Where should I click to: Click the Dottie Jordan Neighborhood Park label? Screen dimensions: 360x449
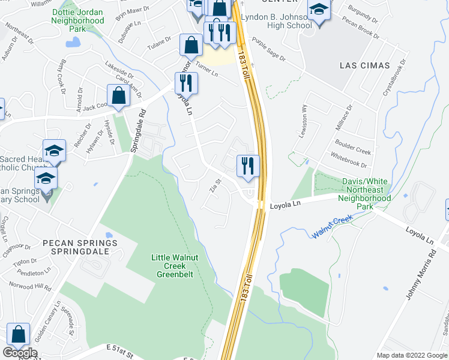coord(78,20)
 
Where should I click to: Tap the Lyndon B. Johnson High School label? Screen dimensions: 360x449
coord(277,21)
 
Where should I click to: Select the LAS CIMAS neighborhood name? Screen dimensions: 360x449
coord(364,65)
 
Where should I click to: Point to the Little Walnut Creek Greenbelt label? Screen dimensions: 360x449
coord(173,266)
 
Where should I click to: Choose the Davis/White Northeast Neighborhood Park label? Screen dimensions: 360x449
coord(364,194)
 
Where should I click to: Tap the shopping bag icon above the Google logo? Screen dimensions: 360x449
coord(19,334)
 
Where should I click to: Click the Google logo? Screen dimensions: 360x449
coord(20,353)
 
